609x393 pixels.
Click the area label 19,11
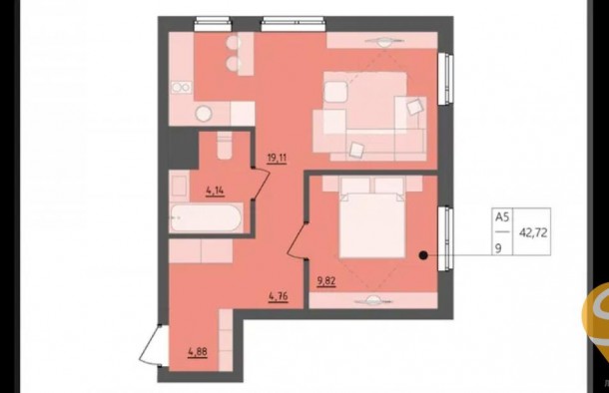[x=277, y=158]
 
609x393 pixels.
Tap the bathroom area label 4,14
[x=216, y=191]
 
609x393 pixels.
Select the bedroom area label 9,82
[x=326, y=281]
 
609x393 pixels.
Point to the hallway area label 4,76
[x=279, y=296]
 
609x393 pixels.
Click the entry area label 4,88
[x=198, y=352]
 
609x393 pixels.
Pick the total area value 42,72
[x=533, y=232]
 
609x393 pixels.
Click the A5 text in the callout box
[x=502, y=216]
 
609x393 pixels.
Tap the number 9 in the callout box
[x=498, y=248]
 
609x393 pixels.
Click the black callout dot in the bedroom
[x=423, y=255]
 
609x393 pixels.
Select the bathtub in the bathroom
[x=206, y=218]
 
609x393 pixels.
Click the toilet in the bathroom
[x=225, y=146]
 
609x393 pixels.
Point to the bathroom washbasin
[x=180, y=186]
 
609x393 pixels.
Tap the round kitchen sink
[x=204, y=114]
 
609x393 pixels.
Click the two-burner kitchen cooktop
[x=181, y=88]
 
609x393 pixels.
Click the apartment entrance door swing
[x=151, y=345]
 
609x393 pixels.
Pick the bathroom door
[x=262, y=184]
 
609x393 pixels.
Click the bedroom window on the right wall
[x=446, y=238]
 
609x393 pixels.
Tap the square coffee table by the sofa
[x=335, y=92]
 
